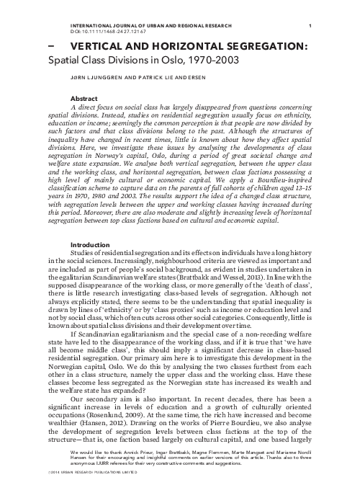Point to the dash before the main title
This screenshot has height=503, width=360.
point(50,44)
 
